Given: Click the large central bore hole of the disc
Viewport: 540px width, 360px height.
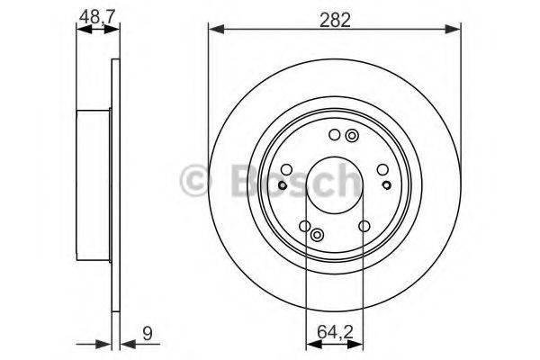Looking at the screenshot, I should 334,182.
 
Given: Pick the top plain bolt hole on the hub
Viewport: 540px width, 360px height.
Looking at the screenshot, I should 334,136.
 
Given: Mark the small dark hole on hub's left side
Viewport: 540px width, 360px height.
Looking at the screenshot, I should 282,185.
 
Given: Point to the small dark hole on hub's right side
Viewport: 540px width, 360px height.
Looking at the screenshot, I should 386,184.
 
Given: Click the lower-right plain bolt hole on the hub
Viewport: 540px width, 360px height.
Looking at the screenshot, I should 364,226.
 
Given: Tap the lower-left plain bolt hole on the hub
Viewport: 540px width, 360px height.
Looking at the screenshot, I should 304,226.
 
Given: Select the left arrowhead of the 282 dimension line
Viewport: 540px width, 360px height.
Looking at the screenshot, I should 214,31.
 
